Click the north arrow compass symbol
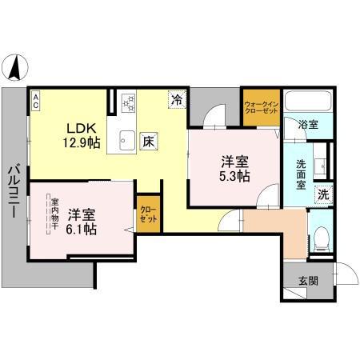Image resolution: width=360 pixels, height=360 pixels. click(x=15, y=65)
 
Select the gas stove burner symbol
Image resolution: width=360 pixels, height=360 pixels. click(x=127, y=102)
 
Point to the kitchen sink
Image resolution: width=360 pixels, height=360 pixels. click(x=126, y=142)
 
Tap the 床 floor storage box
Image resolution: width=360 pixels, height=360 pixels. click(x=149, y=142)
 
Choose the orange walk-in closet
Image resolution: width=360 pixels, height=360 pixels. click(x=261, y=106)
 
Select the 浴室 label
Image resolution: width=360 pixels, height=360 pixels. click(x=308, y=125)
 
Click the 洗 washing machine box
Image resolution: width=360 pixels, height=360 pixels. click(x=323, y=193)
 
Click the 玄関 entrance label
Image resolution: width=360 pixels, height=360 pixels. click(x=309, y=281)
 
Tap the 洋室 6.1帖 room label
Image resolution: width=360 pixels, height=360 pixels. click(x=81, y=222)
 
